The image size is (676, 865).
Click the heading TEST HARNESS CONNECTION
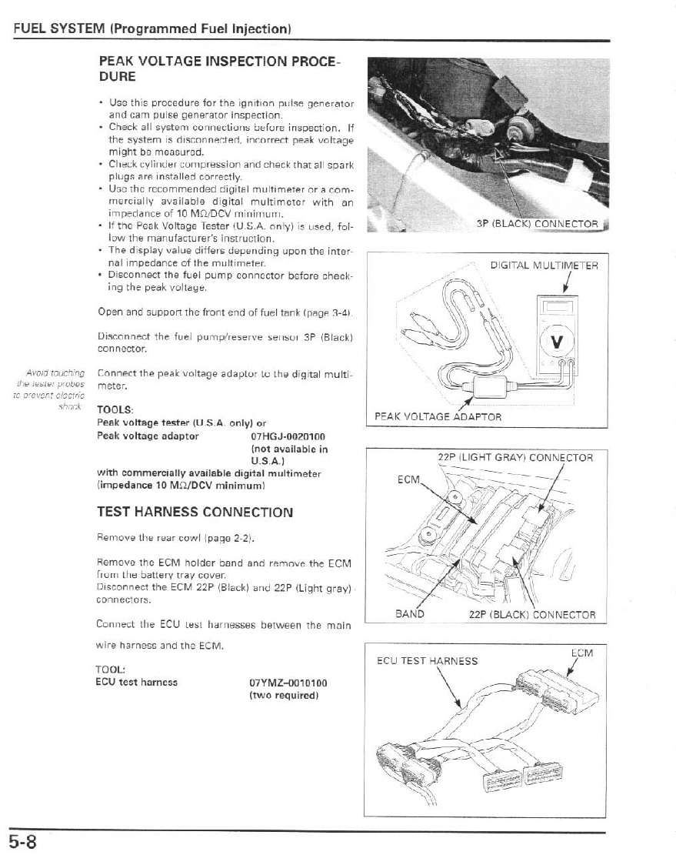[x=195, y=512]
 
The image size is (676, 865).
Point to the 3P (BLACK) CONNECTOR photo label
[x=537, y=224]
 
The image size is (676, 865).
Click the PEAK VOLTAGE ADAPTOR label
[x=438, y=416]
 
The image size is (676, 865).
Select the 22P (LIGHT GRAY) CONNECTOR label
[x=515, y=457]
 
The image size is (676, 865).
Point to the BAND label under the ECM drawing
[x=409, y=614]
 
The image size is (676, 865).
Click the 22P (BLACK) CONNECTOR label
[x=532, y=614]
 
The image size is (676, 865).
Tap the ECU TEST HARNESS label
[x=427, y=660]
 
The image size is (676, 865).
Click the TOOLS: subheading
[x=115, y=409]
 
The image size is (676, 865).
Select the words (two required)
[x=284, y=696]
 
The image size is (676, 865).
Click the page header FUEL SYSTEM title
[x=151, y=29]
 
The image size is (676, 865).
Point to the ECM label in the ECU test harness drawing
[x=582, y=653]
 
